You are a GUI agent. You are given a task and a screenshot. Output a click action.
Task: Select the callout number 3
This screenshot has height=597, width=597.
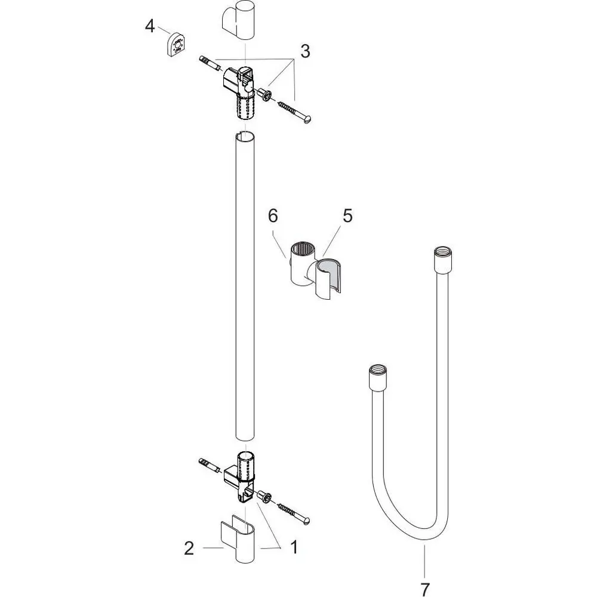point(305,51)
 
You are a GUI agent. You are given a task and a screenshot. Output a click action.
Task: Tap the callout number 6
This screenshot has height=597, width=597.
point(273,216)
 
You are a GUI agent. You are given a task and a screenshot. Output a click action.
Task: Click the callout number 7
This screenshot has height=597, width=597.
point(424,589)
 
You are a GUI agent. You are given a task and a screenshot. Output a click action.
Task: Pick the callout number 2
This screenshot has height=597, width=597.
point(189,548)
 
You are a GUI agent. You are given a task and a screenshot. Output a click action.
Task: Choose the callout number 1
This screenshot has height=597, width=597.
point(293,548)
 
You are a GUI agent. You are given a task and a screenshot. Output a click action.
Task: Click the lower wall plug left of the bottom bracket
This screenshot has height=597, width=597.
point(209,463)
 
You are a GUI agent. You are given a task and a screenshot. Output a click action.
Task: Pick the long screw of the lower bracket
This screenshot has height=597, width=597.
point(294,513)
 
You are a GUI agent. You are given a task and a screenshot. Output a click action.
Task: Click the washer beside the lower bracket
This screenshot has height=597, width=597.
point(264,497)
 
